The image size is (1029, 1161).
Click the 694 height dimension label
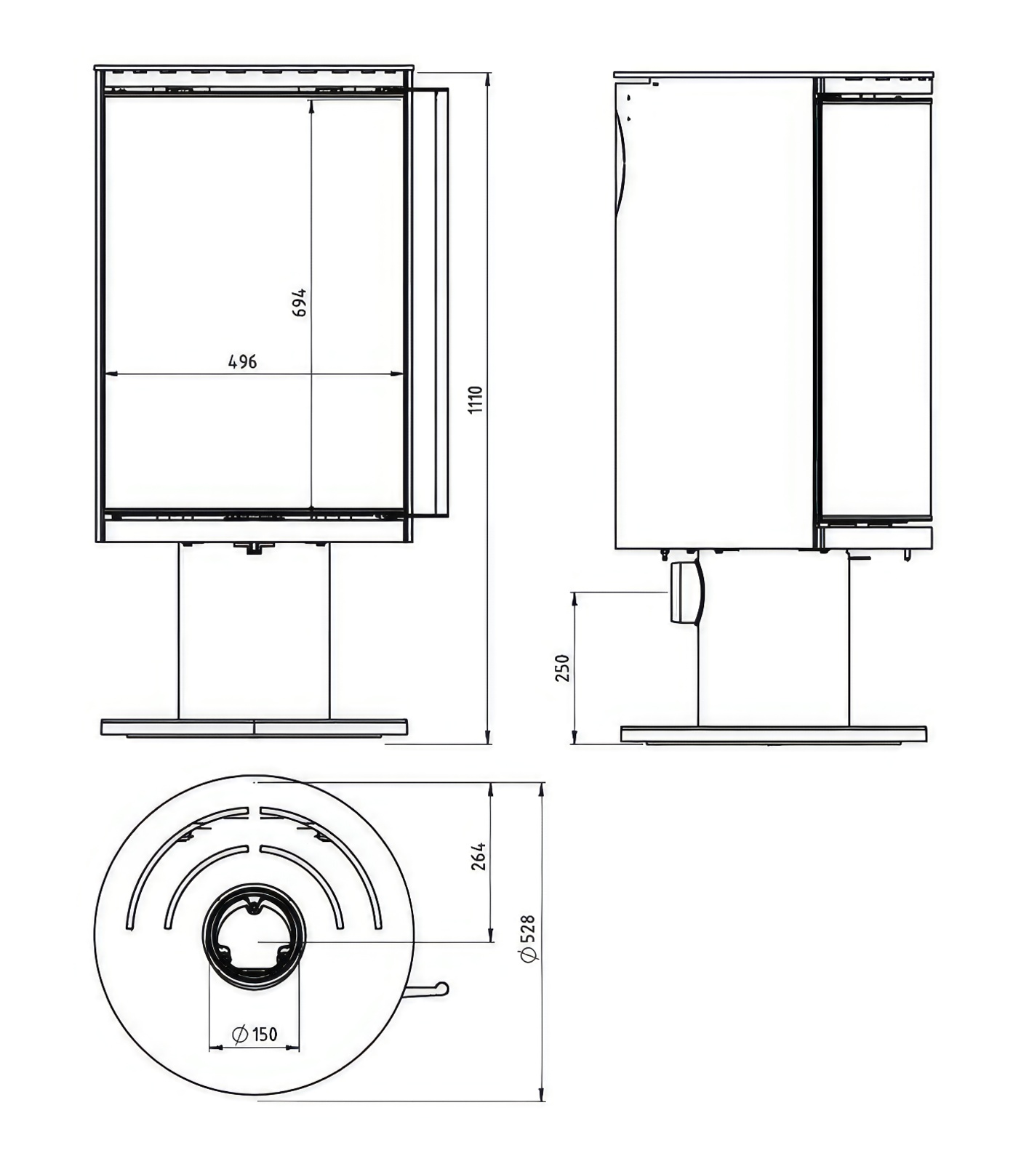(299, 302)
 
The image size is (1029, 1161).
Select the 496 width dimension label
(243, 361)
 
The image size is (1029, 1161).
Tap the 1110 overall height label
(476, 400)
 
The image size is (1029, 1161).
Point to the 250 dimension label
(563, 668)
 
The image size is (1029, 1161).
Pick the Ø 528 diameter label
(529, 939)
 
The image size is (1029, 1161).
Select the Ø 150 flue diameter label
(255, 1034)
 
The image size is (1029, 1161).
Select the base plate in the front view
(254, 727)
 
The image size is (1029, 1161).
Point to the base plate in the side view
(773, 734)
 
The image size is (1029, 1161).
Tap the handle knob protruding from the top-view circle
(441, 988)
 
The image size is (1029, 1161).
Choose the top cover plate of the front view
(254, 68)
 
